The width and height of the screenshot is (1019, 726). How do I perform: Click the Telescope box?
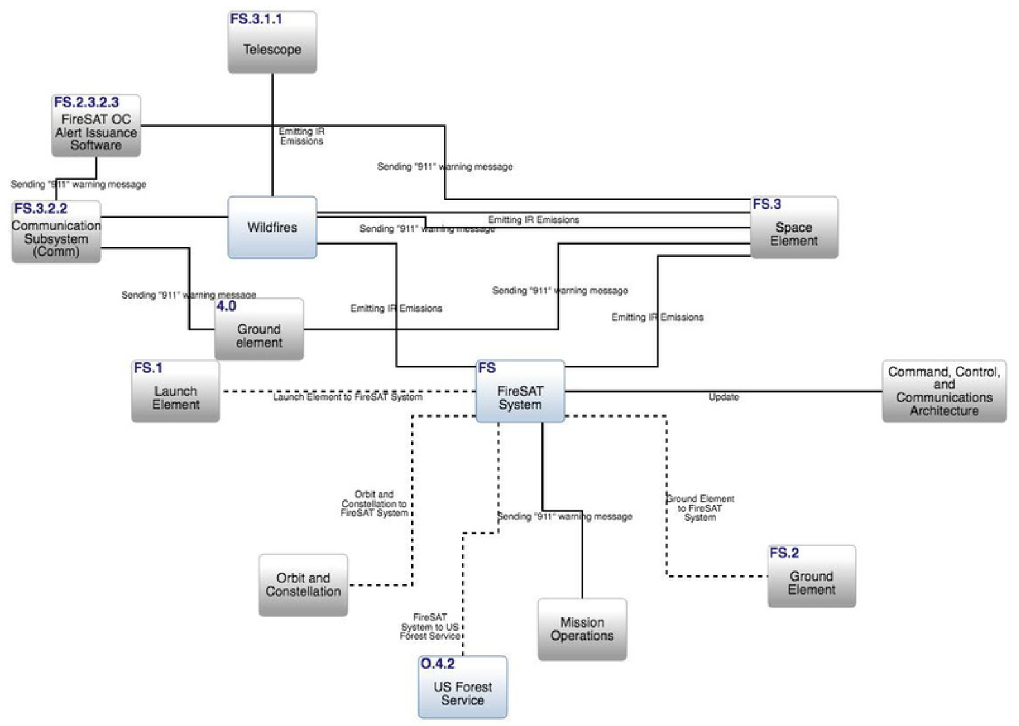tap(272, 42)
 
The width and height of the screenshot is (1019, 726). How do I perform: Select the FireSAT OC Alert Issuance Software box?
tap(96, 126)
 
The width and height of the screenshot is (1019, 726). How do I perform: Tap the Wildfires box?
tap(272, 227)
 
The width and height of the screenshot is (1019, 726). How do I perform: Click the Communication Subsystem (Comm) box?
tap(56, 232)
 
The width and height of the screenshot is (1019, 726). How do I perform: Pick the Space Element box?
tap(794, 228)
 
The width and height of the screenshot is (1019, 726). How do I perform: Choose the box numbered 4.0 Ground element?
tap(259, 330)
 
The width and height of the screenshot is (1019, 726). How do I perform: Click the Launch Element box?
tap(175, 391)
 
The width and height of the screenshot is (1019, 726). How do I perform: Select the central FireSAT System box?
tap(519, 391)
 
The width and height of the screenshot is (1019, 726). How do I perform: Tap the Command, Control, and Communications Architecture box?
tap(944, 391)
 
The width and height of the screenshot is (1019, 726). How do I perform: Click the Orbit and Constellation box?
tap(303, 585)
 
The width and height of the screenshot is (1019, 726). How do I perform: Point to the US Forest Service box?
tap(462, 687)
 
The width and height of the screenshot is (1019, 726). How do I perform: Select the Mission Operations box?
tap(582, 629)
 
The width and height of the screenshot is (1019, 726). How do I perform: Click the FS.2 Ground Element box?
tap(811, 577)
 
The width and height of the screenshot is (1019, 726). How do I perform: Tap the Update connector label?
tap(724, 397)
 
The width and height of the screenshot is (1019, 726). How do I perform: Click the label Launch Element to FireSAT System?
tap(348, 397)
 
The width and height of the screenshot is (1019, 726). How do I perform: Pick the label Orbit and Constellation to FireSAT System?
tap(374, 504)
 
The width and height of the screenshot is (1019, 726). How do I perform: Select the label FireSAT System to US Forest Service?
tap(429, 626)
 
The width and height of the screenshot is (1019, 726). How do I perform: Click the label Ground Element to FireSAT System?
tap(700, 508)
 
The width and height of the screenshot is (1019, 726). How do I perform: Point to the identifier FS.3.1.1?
tap(256, 19)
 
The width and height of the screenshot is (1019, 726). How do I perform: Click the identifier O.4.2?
tap(437, 664)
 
